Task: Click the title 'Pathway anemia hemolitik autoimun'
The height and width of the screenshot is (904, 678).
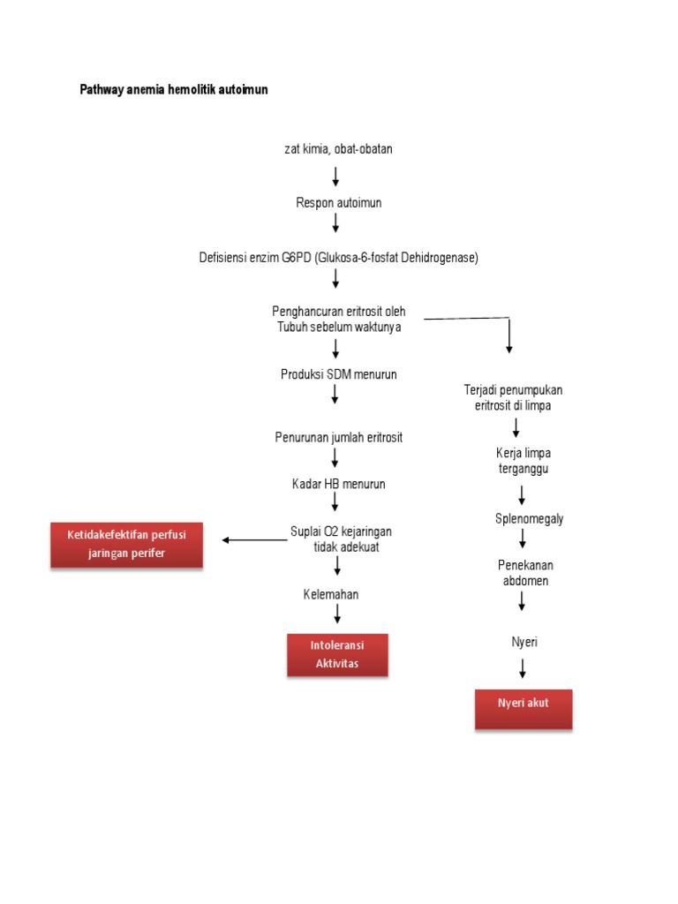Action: (174, 90)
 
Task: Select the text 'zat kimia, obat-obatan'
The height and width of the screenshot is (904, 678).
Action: (338, 149)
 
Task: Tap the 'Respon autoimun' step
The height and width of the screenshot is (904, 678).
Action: (338, 203)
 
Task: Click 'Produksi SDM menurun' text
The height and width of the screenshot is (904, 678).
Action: (338, 374)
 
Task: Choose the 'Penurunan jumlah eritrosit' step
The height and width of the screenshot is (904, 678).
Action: (338, 438)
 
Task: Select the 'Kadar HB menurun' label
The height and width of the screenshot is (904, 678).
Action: (338, 484)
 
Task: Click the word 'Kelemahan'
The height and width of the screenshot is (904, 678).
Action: (330, 594)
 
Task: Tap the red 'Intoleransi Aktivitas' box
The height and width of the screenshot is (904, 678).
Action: (337, 655)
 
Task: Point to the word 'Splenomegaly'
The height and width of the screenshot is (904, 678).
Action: (529, 518)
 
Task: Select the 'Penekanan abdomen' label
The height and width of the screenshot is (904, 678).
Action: (525, 572)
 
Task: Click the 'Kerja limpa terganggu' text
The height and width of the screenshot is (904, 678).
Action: (523, 461)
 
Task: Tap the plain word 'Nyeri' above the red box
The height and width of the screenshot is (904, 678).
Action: (524, 642)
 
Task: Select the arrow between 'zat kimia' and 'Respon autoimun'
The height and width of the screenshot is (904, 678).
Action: (336, 176)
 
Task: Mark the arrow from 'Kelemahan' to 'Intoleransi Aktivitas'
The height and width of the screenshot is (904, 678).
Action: (337, 614)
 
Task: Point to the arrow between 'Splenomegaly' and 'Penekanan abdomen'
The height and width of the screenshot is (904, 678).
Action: (523, 538)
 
